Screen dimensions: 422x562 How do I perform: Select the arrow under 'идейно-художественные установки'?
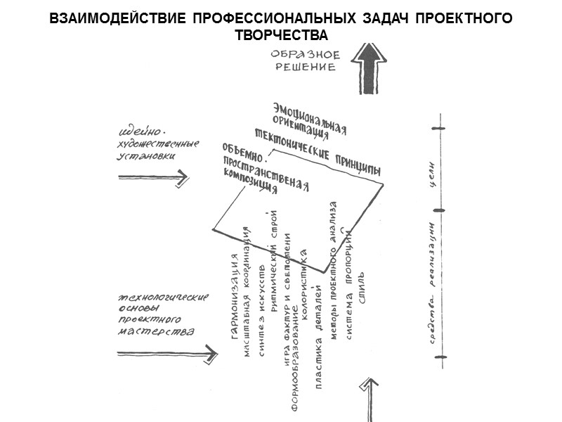pos(153,179)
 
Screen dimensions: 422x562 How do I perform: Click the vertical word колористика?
pos(303,279)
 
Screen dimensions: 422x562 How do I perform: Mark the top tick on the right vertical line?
pos(440,129)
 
